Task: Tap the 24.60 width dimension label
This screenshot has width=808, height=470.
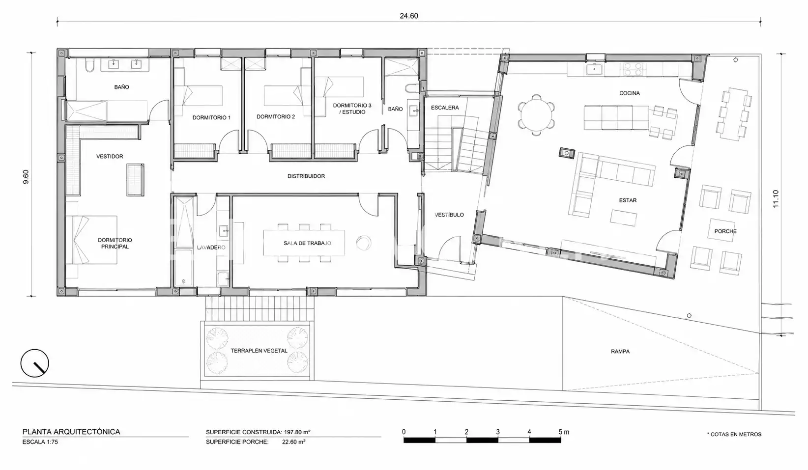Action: pos(409,16)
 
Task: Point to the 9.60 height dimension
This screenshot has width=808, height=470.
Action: pos(26,177)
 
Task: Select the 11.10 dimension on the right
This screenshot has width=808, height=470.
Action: pos(776,198)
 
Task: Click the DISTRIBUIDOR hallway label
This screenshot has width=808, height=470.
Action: pos(306,176)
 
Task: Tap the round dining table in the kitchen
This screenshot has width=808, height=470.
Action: pos(536,115)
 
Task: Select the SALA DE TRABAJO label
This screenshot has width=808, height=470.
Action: pos(307,243)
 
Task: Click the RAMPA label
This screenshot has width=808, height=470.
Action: pos(620,352)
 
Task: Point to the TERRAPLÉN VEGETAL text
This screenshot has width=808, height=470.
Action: pos(259,351)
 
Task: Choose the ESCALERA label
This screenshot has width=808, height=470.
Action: pos(445,108)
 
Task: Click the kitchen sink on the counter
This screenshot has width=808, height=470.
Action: pos(593,69)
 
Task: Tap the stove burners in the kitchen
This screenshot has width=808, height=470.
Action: pos(633,69)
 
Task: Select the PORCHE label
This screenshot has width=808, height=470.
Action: pos(725,231)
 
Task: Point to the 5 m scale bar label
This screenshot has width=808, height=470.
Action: pos(564,432)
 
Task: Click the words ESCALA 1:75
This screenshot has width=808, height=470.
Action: pos(40,442)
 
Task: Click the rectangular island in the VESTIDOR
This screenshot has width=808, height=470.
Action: pos(136,180)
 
